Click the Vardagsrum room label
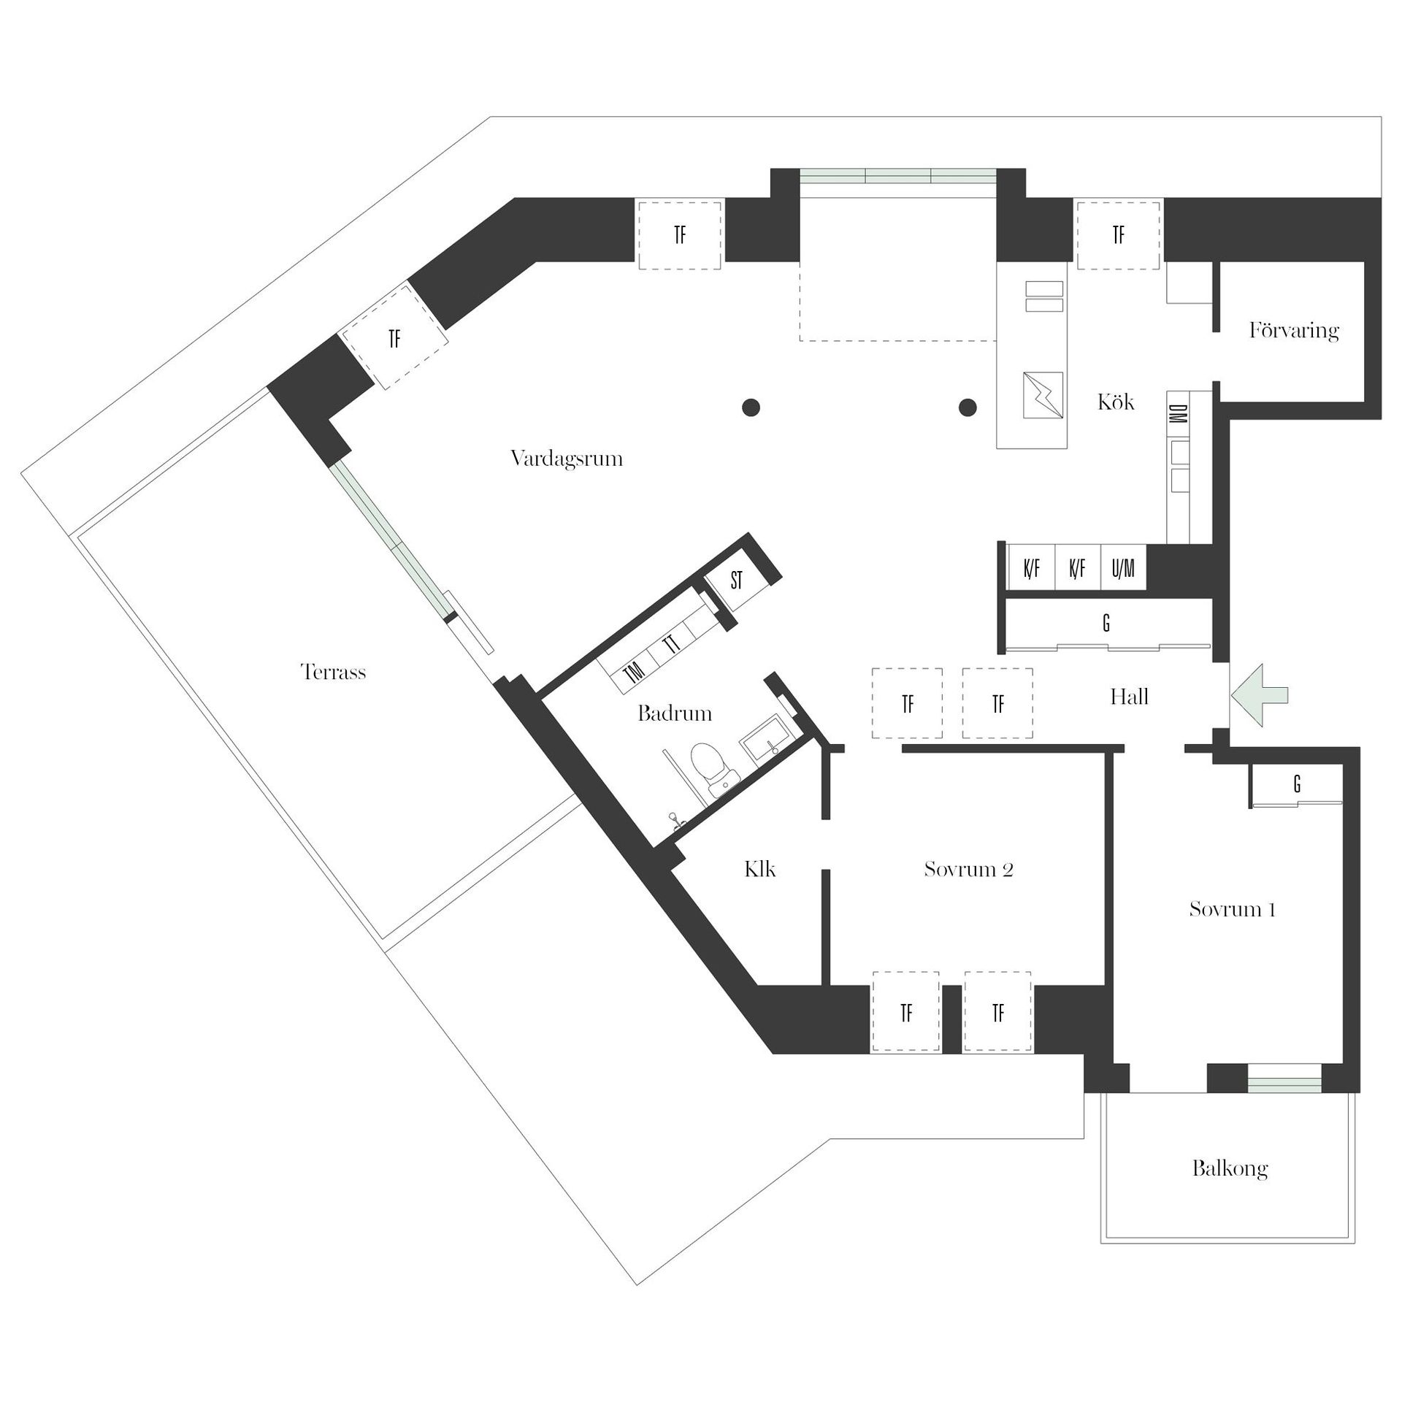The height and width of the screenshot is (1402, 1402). click(x=567, y=459)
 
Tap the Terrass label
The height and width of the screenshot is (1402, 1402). click(x=333, y=672)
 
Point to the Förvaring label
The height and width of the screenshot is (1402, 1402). click(x=1293, y=331)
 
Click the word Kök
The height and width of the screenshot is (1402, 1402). click(x=1116, y=402)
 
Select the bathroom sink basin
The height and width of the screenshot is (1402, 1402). click(x=764, y=745)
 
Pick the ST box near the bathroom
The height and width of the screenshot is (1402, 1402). click(x=736, y=581)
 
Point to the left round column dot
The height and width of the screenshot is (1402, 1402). click(x=751, y=407)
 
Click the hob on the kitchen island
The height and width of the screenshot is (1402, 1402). click(x=1043, y=395)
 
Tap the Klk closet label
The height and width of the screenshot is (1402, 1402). click(x=759, y=869)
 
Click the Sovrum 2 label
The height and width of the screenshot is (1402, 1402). click(x=968, y=870)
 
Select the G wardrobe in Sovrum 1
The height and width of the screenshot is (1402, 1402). click(x=1297, y=784)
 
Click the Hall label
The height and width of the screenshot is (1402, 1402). click(x=1129, y=697)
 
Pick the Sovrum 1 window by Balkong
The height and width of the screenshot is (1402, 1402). click(x=1284, y=1085)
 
